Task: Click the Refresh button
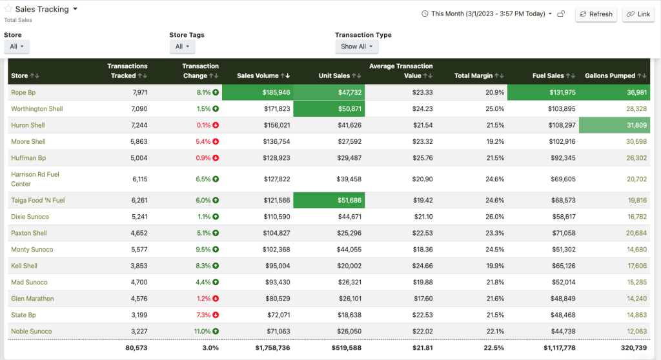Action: pos(596,14)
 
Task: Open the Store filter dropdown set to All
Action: pos(16,46)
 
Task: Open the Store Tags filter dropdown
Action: pos(182,46)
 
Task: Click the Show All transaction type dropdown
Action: pos(356,46)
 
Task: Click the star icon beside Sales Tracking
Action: pos(8,10)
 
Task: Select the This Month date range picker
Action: pos(487,14)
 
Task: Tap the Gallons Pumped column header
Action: pos(614,76)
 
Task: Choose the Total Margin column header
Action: pos(477,76)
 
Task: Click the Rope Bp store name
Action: pos(23,93)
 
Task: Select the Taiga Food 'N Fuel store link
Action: pos(38,201)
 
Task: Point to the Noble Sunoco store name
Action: pos(31,332)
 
